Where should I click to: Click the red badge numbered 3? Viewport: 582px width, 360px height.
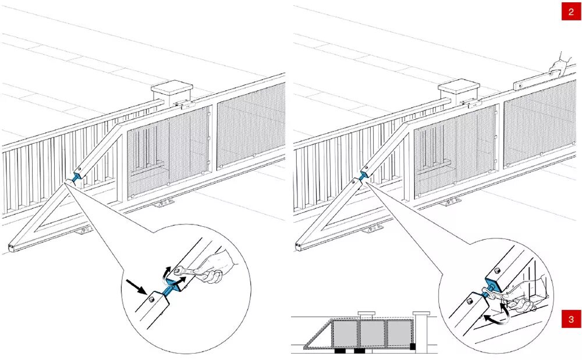(x=571, y=319)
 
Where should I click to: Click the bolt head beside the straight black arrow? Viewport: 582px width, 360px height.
(x=150, y=299)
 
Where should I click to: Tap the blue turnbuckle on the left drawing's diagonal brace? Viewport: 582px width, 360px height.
(x=76, y=176)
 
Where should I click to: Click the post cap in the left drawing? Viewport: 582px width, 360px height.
(x=172, y=89)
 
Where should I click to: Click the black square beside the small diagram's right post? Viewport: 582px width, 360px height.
(x=413, y=347)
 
